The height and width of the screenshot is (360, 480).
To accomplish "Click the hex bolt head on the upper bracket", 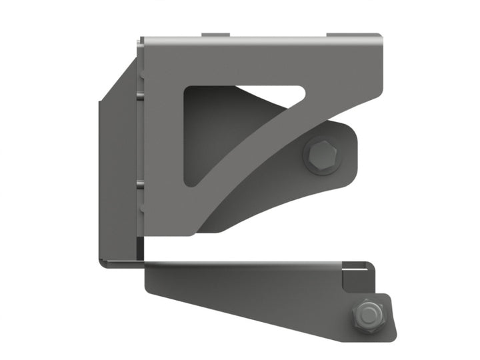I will tap(323, 156).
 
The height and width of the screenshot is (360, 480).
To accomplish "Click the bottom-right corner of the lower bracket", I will tap(395, 337).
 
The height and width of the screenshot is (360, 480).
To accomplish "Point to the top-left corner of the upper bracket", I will tap(142, 40).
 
